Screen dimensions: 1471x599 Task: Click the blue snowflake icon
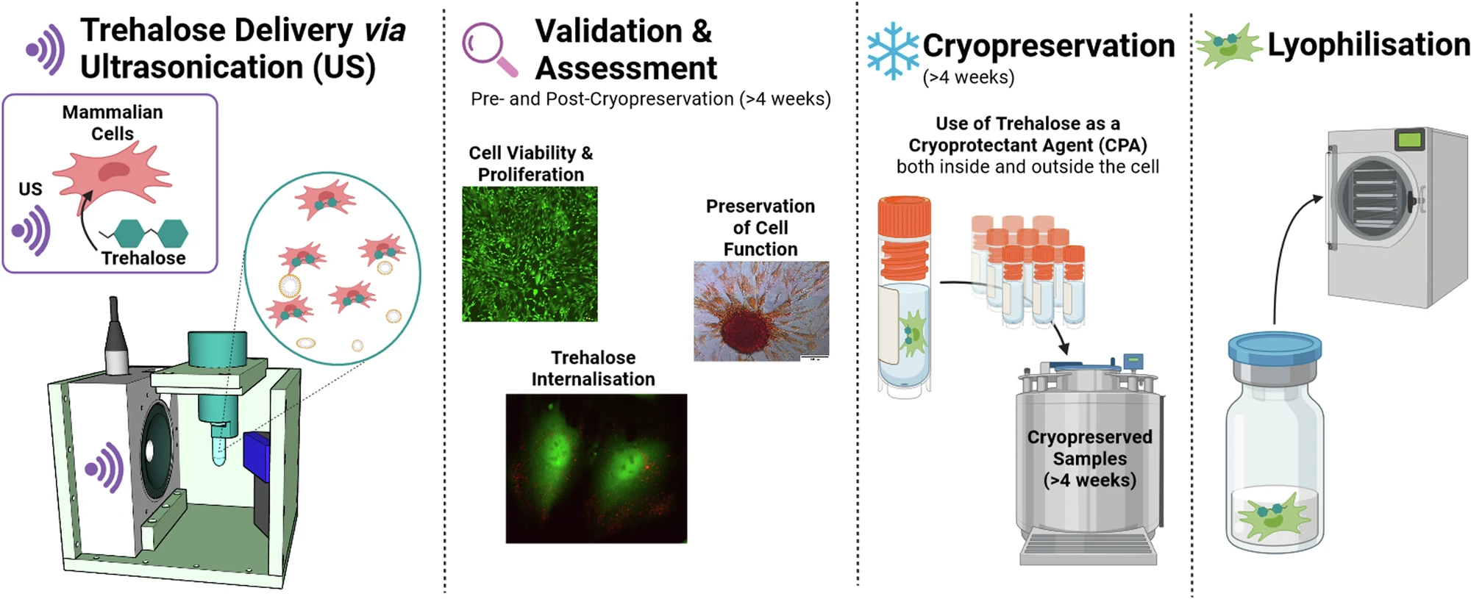pyautogui.click(x=892, y=51)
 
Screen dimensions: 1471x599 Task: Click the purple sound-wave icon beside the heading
pyautogui.click(x=45, y=49)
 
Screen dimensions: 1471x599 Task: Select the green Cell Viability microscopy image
pyautogui.click(x=530, y=254)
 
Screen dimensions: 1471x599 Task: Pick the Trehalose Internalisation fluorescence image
pyautogui.click(x=596, y=468)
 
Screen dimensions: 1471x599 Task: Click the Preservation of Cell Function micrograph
pyautogui.click(x=761, y=311)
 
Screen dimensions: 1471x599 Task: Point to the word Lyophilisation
pyautogui.click(x=1368, y=45)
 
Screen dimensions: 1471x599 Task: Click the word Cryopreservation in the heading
pyautogui.click(x=1049, y=46)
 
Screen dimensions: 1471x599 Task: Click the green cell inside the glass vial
pyautogui.click(x=1275, y=516)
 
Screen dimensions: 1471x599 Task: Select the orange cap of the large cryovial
pyautogui.click(x=905, y=240)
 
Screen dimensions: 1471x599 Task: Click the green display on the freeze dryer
pyautogui.click(x=1409, y=139)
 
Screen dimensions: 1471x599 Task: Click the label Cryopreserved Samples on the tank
pyautogui.click(x=1089, y=448)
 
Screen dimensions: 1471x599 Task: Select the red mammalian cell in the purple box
pyautogui.click(x=112, y=175)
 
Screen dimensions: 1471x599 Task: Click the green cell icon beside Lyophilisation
pyautogui.click(x=1228, y=46)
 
